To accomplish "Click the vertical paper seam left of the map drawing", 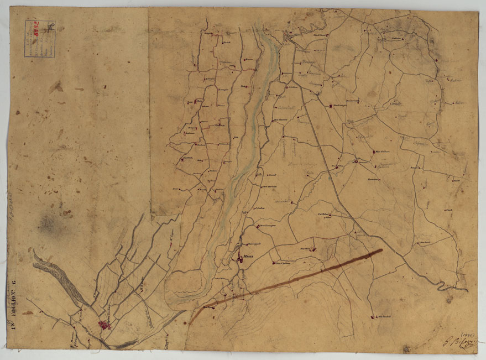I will (x=150, y=111).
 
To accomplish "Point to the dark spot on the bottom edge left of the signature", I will (x=407, y=349).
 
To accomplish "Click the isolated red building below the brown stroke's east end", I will (x=373, y=317).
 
